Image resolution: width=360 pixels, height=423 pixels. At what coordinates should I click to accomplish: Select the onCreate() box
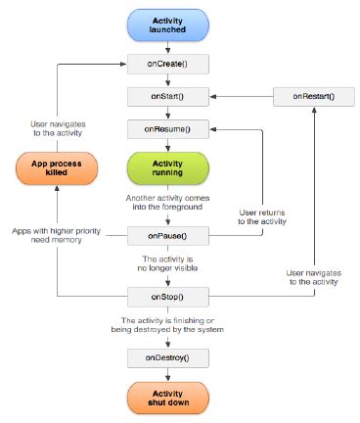pos(166,64)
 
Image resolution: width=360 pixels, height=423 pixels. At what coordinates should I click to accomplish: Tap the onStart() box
pos(166,96)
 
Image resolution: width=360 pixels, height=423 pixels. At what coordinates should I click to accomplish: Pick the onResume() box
pos(166,128)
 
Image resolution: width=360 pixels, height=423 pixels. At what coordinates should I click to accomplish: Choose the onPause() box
pos(166,236)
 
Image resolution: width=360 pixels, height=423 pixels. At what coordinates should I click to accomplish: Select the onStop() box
pos(166,296)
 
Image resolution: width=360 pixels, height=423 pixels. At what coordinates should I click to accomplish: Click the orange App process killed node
pos(56,166)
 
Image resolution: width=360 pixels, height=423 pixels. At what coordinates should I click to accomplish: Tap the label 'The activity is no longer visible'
pos(166,263)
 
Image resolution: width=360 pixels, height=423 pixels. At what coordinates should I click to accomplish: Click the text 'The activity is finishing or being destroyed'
pos(166,325)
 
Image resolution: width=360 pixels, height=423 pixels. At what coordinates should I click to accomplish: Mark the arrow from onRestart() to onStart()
pos(240,96)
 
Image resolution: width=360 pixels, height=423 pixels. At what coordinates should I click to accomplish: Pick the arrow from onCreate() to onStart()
pos(166,79)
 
